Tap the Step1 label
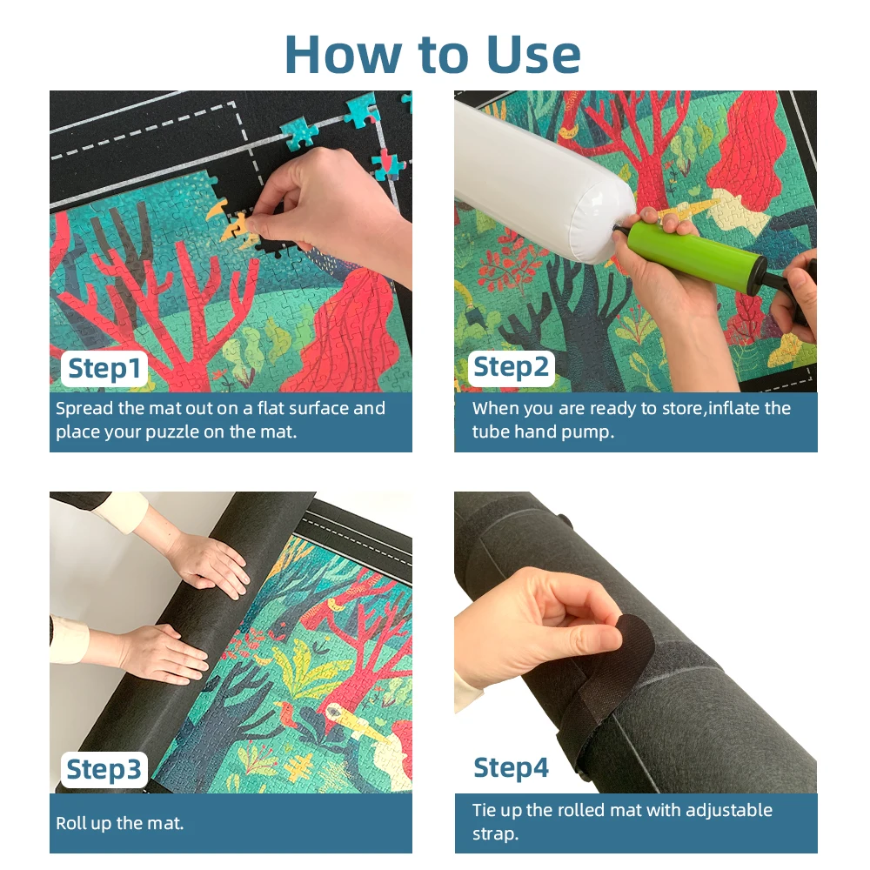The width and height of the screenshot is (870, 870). pyautogui.click(x=104, y=368)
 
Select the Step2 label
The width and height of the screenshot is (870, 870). pyautogui.click(x=511, y=368)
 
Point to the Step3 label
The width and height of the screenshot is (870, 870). pyautogui.click(x=104, y=770)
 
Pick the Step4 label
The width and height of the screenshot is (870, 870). pyautogui.click(x=511, y=768)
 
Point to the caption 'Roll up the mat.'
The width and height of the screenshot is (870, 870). pyautogui.click(x=119, y=823)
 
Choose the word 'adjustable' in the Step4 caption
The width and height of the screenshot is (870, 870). pyautogui.click(x=729, y=811)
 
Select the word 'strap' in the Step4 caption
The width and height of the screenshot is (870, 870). pyautogui.click(x=495, y=834)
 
